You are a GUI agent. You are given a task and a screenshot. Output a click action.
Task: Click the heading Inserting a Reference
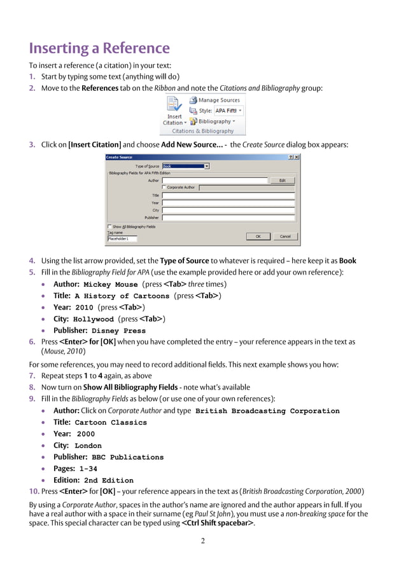tap(99, 48)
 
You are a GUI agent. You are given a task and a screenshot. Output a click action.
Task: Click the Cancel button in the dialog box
tap(284, 236)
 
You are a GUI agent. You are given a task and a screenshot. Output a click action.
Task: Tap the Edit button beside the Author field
tap(282, 181)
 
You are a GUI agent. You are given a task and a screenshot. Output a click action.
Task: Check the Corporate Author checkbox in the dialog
tap(164, 188)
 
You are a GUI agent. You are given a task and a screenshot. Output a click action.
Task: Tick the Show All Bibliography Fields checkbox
tap(109, 226)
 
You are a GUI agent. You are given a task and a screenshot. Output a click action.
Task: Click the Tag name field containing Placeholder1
tap(122, 239)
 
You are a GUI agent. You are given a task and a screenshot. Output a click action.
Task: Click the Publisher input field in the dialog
tap(228, 217)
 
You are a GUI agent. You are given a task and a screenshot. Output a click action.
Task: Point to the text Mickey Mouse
tap(111, 285)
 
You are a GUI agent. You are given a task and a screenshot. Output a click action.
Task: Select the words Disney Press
tap(118, 331)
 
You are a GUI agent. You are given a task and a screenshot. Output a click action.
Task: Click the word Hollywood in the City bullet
tap(94, 320)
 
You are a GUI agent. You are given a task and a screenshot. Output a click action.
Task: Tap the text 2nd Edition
tap(109, 481)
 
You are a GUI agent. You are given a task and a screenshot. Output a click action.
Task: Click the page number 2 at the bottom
tap(202, 541)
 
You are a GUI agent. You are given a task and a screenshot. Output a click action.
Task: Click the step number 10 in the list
tap(33, 491)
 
